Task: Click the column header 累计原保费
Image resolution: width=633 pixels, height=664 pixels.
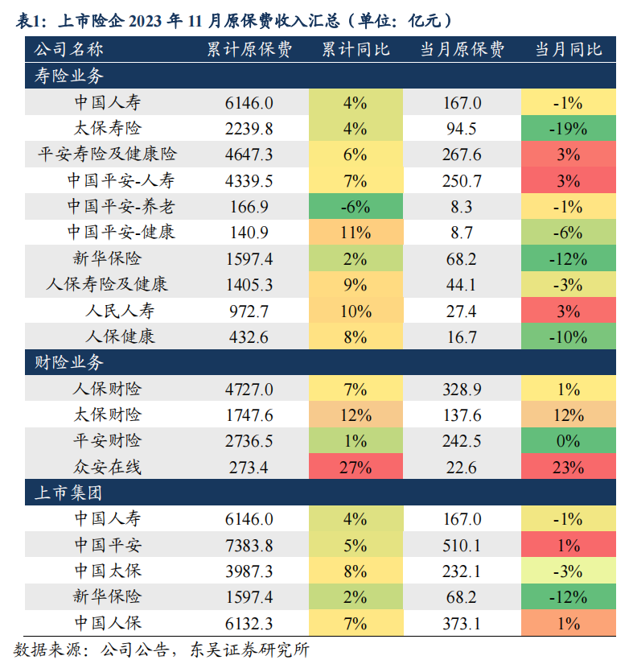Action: pos(249,49)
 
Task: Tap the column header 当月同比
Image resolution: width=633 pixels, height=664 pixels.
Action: pos(569,49)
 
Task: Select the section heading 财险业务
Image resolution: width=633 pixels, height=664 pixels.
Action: pos(69,363)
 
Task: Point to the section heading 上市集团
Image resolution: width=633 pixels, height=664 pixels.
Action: pos(69,492)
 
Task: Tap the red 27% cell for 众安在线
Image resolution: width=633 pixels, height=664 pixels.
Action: pos(355,467)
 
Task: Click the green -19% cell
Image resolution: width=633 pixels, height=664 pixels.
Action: pos(568,129)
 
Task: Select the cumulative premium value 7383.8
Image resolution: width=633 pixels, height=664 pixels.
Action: pos(249,545)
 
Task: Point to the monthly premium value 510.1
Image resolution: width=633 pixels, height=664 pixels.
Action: pos(462,545)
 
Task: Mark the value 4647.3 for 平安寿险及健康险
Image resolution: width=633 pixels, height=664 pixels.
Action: pos(249,155)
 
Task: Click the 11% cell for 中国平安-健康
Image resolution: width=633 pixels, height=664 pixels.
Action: pos(355,233)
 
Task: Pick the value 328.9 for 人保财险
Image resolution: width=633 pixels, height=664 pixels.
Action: pos(462,390)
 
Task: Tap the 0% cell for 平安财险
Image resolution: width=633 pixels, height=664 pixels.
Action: pos(568,441)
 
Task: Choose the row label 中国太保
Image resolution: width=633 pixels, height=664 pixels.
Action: pos(107,571)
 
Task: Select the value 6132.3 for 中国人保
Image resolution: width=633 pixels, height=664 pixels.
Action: pos(249,622)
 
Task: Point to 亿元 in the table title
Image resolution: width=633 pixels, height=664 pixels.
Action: pos(418,20)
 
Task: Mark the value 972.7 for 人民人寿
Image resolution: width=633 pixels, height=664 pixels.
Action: pos(249,311)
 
